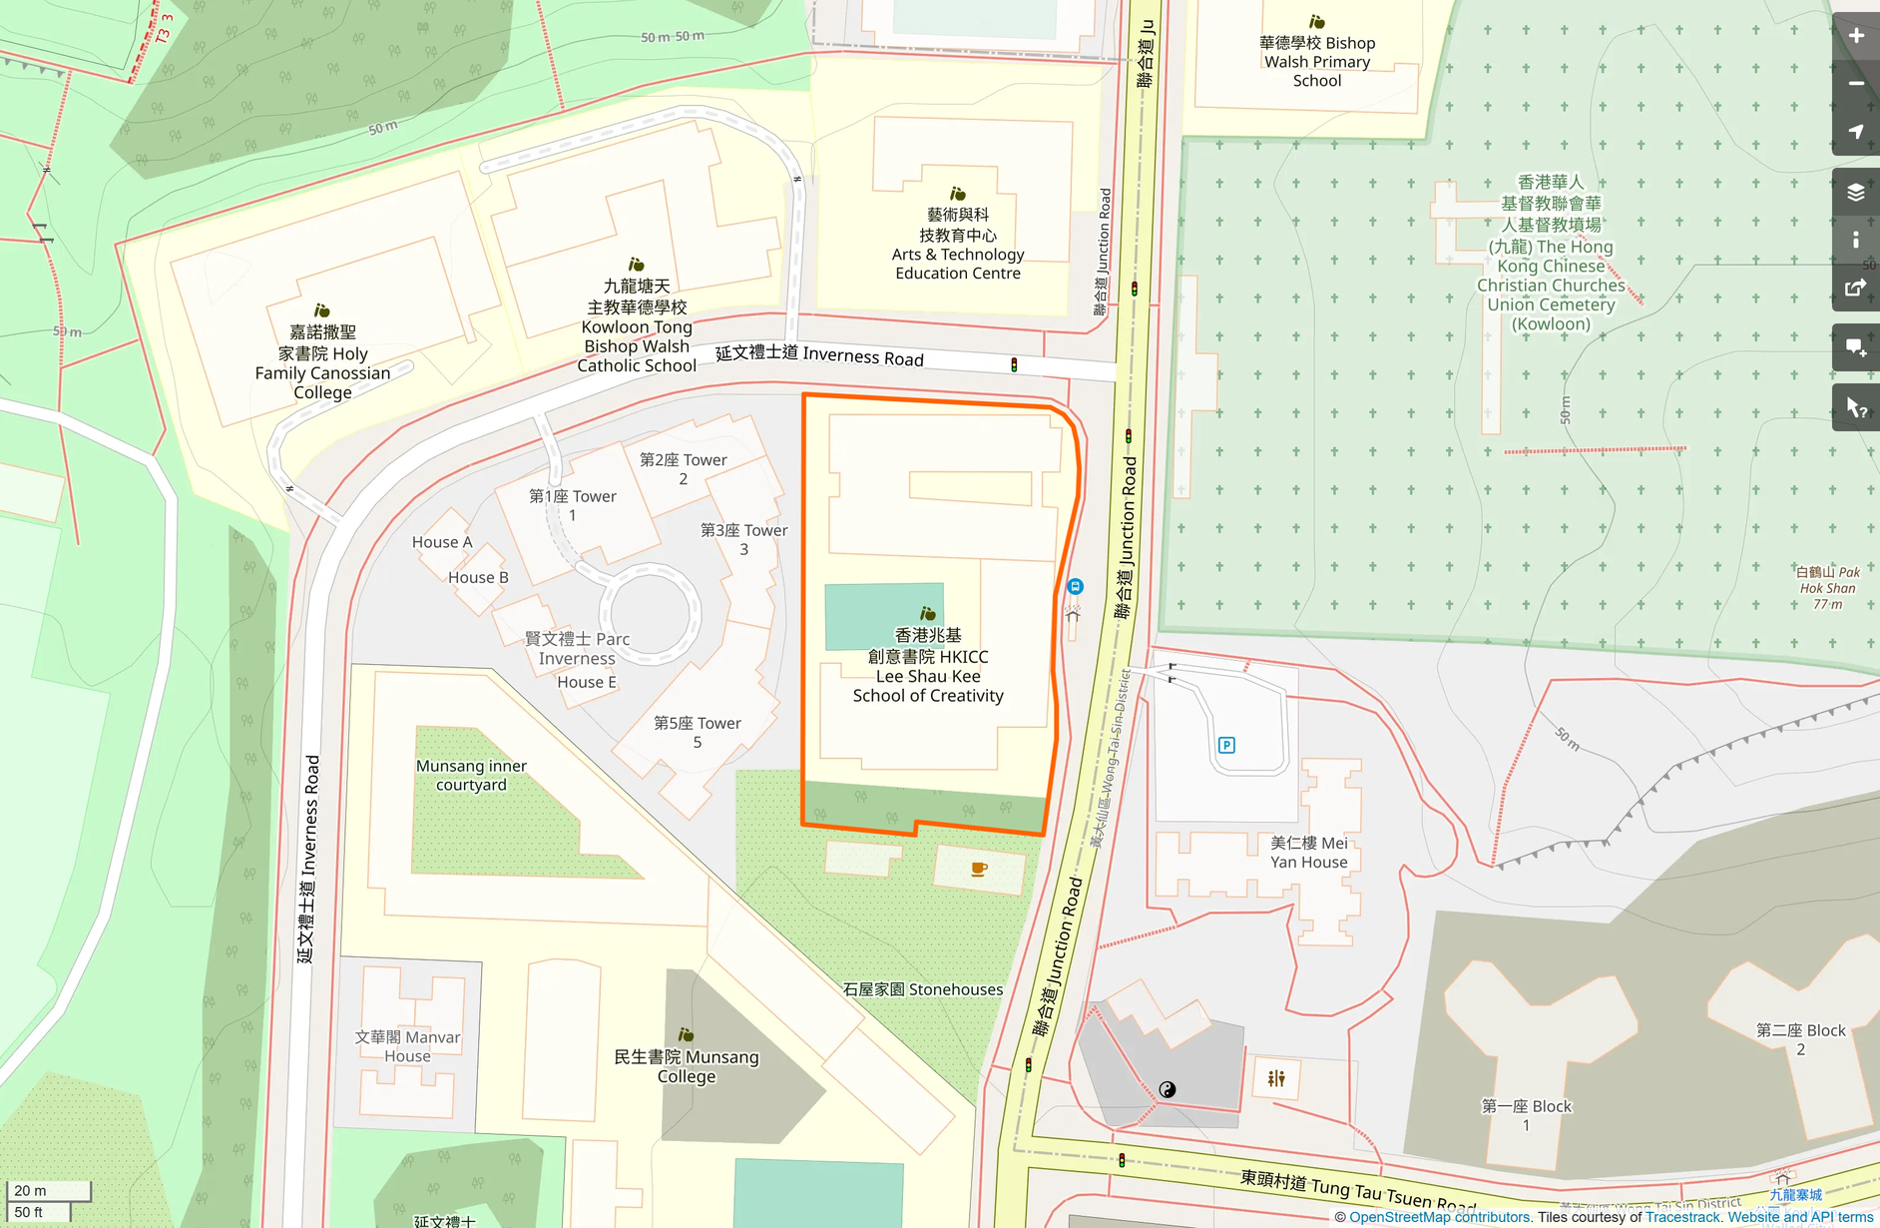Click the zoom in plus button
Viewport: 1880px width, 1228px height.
(x=1855, y=36)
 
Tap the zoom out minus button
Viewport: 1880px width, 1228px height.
(x=1855, y=84)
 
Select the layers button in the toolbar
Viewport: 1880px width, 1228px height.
(x=1855, y=192)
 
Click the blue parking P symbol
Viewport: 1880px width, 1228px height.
(x=1226, y=745)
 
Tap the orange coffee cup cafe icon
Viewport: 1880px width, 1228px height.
(x=979, y=869)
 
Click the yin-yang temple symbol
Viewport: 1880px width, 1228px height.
(x=1168, y=1089)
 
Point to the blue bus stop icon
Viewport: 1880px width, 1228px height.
(x=1075, y=586)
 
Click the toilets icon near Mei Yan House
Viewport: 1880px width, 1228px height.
(x=1276, y=1078)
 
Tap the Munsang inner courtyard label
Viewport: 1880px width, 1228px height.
(x=471, y=775)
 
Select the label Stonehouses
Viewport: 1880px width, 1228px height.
(x=922, y=989)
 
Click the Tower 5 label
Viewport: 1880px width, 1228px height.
(x=697, y=732)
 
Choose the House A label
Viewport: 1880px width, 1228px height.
(x=442, y=542)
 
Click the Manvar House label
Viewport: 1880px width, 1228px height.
(x=407, y=1046)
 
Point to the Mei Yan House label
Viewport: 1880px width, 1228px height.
(x=1308, y=852)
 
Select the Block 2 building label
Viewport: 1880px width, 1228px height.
(x=1800, y=1039)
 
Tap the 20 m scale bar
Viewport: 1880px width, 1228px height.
(x=48, y=1191)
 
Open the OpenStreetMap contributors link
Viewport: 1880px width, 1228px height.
(x=1439, y=1217)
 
